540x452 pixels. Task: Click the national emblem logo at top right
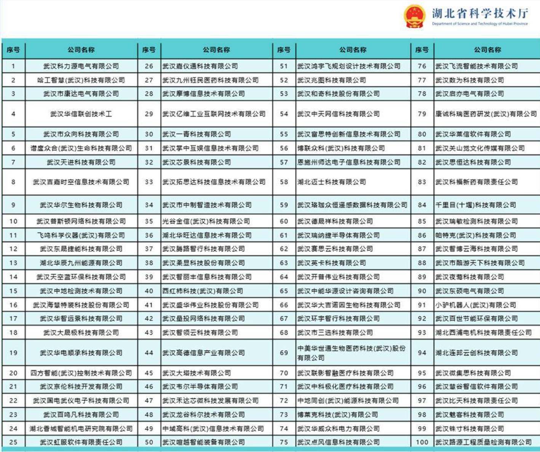point(414,16)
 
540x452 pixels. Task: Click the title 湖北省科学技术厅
point(480,13)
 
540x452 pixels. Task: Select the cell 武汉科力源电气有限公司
point(81,66)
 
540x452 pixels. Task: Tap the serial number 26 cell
point(149,66)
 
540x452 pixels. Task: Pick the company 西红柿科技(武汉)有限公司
point(203,291)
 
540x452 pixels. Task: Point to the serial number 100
point(422,442)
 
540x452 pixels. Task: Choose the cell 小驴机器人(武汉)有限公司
point(476,305)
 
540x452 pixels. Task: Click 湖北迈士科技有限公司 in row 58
point(332,182)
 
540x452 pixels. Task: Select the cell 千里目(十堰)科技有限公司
point(476,205)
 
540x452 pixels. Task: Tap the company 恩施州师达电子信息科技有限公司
point(349,162)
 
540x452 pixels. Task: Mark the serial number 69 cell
point(284,353)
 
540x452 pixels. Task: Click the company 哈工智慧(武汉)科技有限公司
point(81,80)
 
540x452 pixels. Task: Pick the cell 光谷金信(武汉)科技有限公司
point(206,221)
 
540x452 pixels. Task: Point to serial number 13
point(13,263)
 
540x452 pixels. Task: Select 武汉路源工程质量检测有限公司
point(484,442)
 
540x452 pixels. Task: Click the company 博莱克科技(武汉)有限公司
point(338,415)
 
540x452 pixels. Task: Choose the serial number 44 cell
point(149,353)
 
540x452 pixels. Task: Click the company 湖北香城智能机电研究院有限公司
point(81,429)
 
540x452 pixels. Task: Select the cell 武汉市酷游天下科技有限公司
point(480,263)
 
